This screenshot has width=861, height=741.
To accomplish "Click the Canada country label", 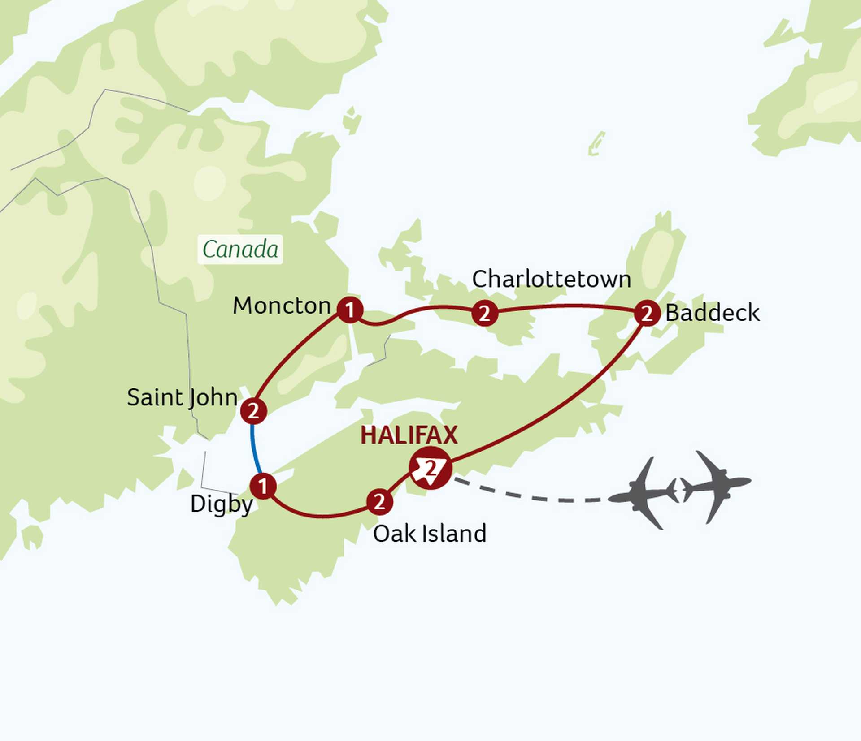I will (240, 250).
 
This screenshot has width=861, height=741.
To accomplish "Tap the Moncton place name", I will (282, 306).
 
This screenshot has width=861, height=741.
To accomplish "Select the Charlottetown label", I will (551, 280).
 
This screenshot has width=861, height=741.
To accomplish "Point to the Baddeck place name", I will (712, 313).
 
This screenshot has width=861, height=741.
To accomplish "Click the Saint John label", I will (182, 397).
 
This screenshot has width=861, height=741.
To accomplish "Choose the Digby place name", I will (222, 504).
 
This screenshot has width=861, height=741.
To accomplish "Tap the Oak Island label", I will (429, 534).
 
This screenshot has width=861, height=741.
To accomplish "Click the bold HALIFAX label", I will (409, 435).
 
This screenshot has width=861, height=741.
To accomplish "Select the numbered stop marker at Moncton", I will (350, 310).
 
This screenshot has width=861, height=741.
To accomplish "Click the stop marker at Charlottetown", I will (485, 313).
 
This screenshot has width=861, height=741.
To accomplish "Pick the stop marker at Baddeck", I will (647, 313).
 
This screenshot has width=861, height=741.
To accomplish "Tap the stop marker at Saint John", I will (254, 411).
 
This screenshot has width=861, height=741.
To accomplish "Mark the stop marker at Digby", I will (263, 486).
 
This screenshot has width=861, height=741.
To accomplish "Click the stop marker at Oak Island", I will (380, 502).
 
